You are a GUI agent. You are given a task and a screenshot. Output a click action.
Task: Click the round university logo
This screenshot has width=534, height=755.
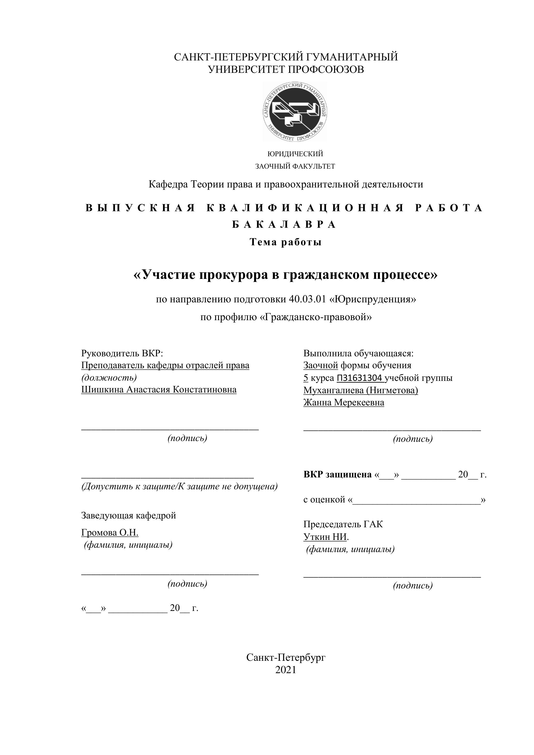point(295,112)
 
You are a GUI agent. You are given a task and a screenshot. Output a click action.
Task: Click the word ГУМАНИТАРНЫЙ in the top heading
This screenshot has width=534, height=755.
point(352,57)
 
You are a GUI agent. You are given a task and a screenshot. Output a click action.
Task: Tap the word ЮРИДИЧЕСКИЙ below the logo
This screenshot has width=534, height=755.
point(295,154)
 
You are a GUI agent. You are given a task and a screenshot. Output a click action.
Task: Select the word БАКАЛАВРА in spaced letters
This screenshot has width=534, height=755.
point(284,225)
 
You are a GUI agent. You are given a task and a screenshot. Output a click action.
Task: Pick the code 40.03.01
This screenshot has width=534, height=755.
point(307,299)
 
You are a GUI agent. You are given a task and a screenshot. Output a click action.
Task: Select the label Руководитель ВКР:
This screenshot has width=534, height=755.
point(122,353)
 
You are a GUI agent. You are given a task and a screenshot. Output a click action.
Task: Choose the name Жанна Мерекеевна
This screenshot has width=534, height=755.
point(344,403)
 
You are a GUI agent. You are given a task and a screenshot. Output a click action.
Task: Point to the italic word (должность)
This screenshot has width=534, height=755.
point(109,378)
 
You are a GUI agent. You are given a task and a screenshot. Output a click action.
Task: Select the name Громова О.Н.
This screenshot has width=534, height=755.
point(110,533)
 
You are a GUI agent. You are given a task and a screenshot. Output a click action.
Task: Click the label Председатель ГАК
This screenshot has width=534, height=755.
point(343,524)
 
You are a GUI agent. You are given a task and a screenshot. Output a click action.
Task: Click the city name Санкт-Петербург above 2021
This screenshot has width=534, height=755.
point(286,657)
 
